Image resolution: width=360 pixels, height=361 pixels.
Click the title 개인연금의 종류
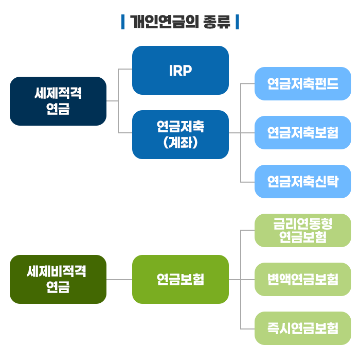coord(180,22)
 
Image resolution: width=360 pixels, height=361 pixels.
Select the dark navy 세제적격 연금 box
coord(58,101)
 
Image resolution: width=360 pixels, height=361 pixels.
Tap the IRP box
coord(181,70)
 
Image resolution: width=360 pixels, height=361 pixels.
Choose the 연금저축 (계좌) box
coord(181,135)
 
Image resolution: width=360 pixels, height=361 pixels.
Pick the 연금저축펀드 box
coord(303,83)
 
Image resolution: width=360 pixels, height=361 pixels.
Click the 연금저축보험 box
coord(303,133)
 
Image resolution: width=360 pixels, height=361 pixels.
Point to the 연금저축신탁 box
coord(303,181)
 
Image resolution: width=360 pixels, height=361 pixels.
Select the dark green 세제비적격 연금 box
coord(58,279)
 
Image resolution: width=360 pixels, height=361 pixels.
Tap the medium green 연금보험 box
coord(181,279)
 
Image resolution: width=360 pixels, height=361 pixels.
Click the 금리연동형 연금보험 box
coord(303,231)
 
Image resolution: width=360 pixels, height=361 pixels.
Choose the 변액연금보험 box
coord(303,279)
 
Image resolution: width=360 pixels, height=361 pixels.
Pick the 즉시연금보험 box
coord(303,329)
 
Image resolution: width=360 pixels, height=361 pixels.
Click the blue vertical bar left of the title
coord(123,22)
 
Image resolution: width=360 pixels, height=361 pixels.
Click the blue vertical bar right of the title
coord(238,22)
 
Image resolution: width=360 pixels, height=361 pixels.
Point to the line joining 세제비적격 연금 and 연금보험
coord(119,280)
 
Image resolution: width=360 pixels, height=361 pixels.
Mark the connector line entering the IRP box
coord(125,69)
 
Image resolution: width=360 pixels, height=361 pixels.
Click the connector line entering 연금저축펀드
coord(247,83)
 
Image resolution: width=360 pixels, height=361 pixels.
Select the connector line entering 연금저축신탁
coord(247,182)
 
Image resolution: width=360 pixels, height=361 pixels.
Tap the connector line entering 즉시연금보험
coord(247,329)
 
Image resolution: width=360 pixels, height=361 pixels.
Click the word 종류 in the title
coord(217,22)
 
